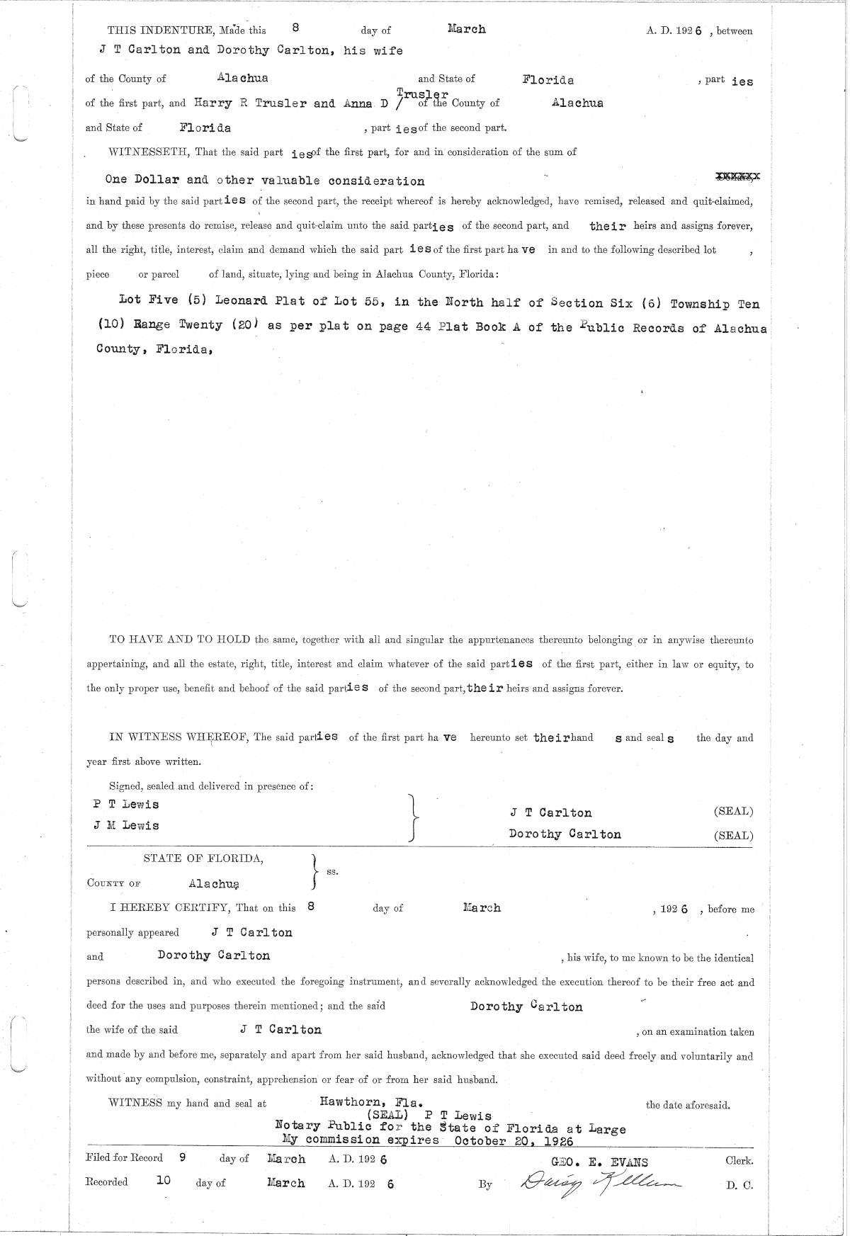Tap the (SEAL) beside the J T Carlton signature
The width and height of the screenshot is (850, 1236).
pyautogui.click(x=733, y=812)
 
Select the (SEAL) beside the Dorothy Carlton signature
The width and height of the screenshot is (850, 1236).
pyautogui.click(x=733, y=835)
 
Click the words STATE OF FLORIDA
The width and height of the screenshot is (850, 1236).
pyautogui.click(x=203, y=858)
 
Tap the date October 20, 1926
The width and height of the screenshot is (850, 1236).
pyautogui.click(x=514, y=1140)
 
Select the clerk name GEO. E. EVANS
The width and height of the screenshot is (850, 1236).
pyautogui.click(x=599, y=1162)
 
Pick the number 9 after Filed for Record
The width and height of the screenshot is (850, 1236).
pyautogui.click(x=182, y=1158)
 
